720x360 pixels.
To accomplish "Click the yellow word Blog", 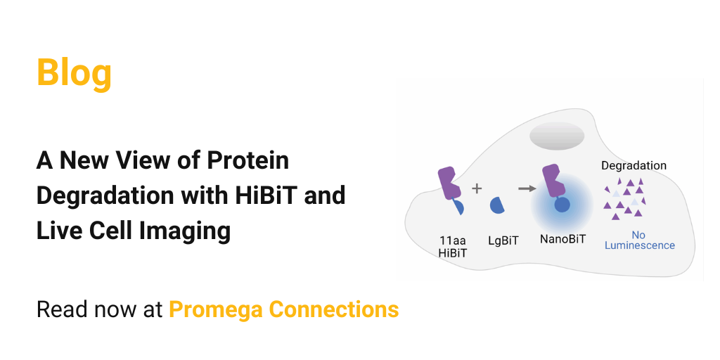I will (74, 72).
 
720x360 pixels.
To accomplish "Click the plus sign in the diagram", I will (477, 188).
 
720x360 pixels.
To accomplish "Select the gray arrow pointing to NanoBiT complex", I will (525, 188).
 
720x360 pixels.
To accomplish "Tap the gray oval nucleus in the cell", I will (557, 136).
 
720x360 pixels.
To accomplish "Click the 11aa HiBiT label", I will (453, 246).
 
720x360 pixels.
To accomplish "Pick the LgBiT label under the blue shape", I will (503, 240).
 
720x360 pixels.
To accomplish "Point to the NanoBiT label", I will (562, 239).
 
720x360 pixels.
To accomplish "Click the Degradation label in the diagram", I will (634, 166).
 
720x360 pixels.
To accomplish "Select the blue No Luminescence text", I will (639, 240).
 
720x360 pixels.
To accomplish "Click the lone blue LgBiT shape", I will (498, 205).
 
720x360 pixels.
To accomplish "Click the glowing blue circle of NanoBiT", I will (562, 205).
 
